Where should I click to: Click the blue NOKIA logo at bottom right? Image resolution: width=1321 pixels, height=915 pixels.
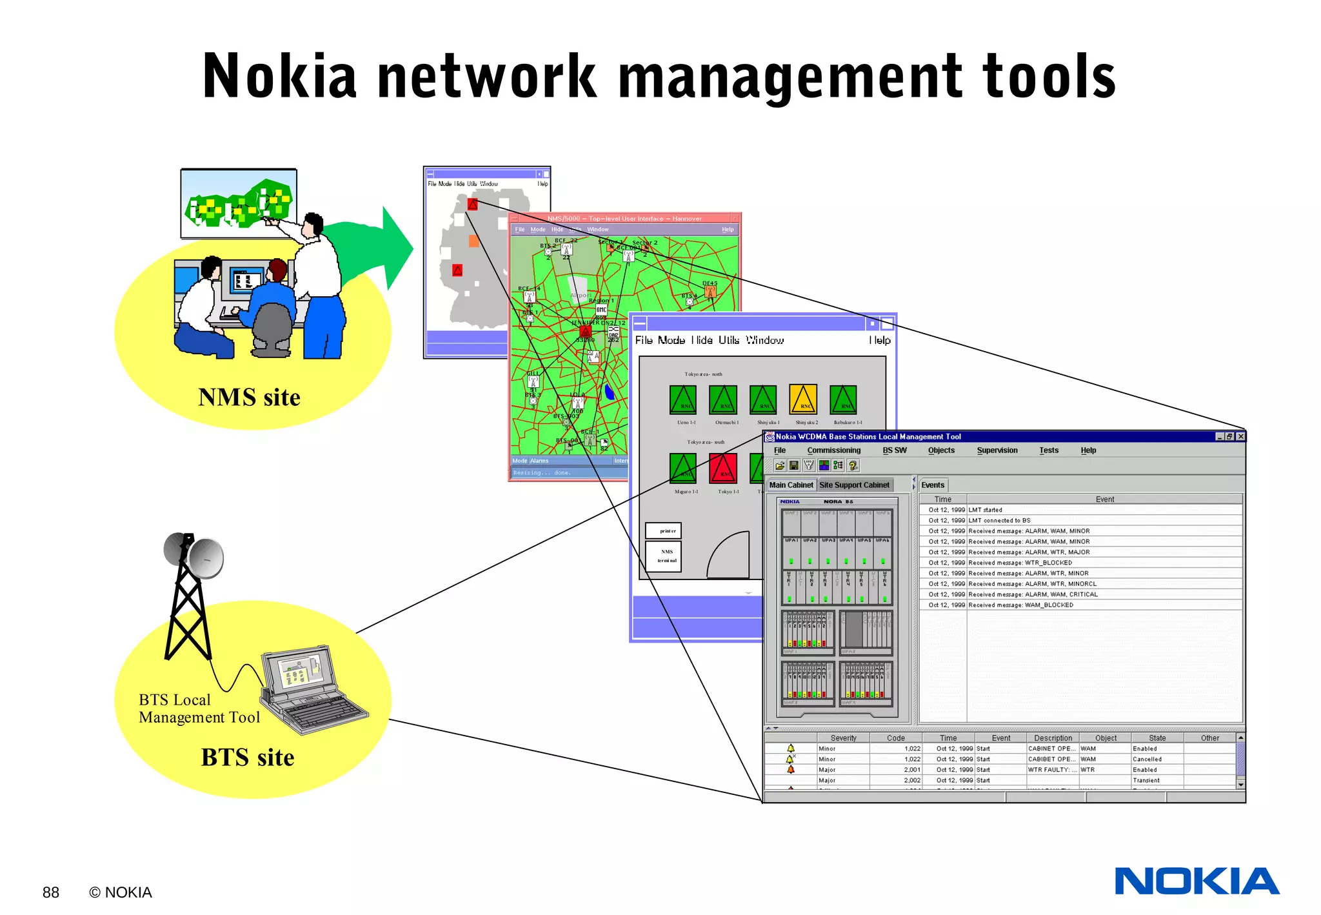1197,881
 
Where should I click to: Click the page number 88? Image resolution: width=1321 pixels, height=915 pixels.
50,892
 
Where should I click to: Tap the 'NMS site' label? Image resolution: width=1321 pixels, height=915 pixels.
249,397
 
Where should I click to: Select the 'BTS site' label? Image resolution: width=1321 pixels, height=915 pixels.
248,757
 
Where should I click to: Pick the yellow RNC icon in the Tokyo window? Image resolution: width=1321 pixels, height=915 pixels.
803,399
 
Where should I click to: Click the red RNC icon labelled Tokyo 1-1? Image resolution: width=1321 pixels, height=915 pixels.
723,468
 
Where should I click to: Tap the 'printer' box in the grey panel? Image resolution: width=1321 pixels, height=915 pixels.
664,530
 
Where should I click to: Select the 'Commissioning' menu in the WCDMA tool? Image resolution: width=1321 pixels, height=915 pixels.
833,450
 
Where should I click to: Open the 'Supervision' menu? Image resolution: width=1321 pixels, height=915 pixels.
997,450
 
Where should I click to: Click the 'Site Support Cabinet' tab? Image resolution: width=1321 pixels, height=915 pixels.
854,485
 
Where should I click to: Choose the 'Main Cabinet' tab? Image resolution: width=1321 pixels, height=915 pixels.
791,485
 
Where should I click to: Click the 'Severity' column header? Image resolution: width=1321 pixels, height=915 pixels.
843,738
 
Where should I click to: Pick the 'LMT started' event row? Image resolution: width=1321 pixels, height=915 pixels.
985,510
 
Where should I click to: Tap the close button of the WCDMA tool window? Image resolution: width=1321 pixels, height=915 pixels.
1240,437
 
